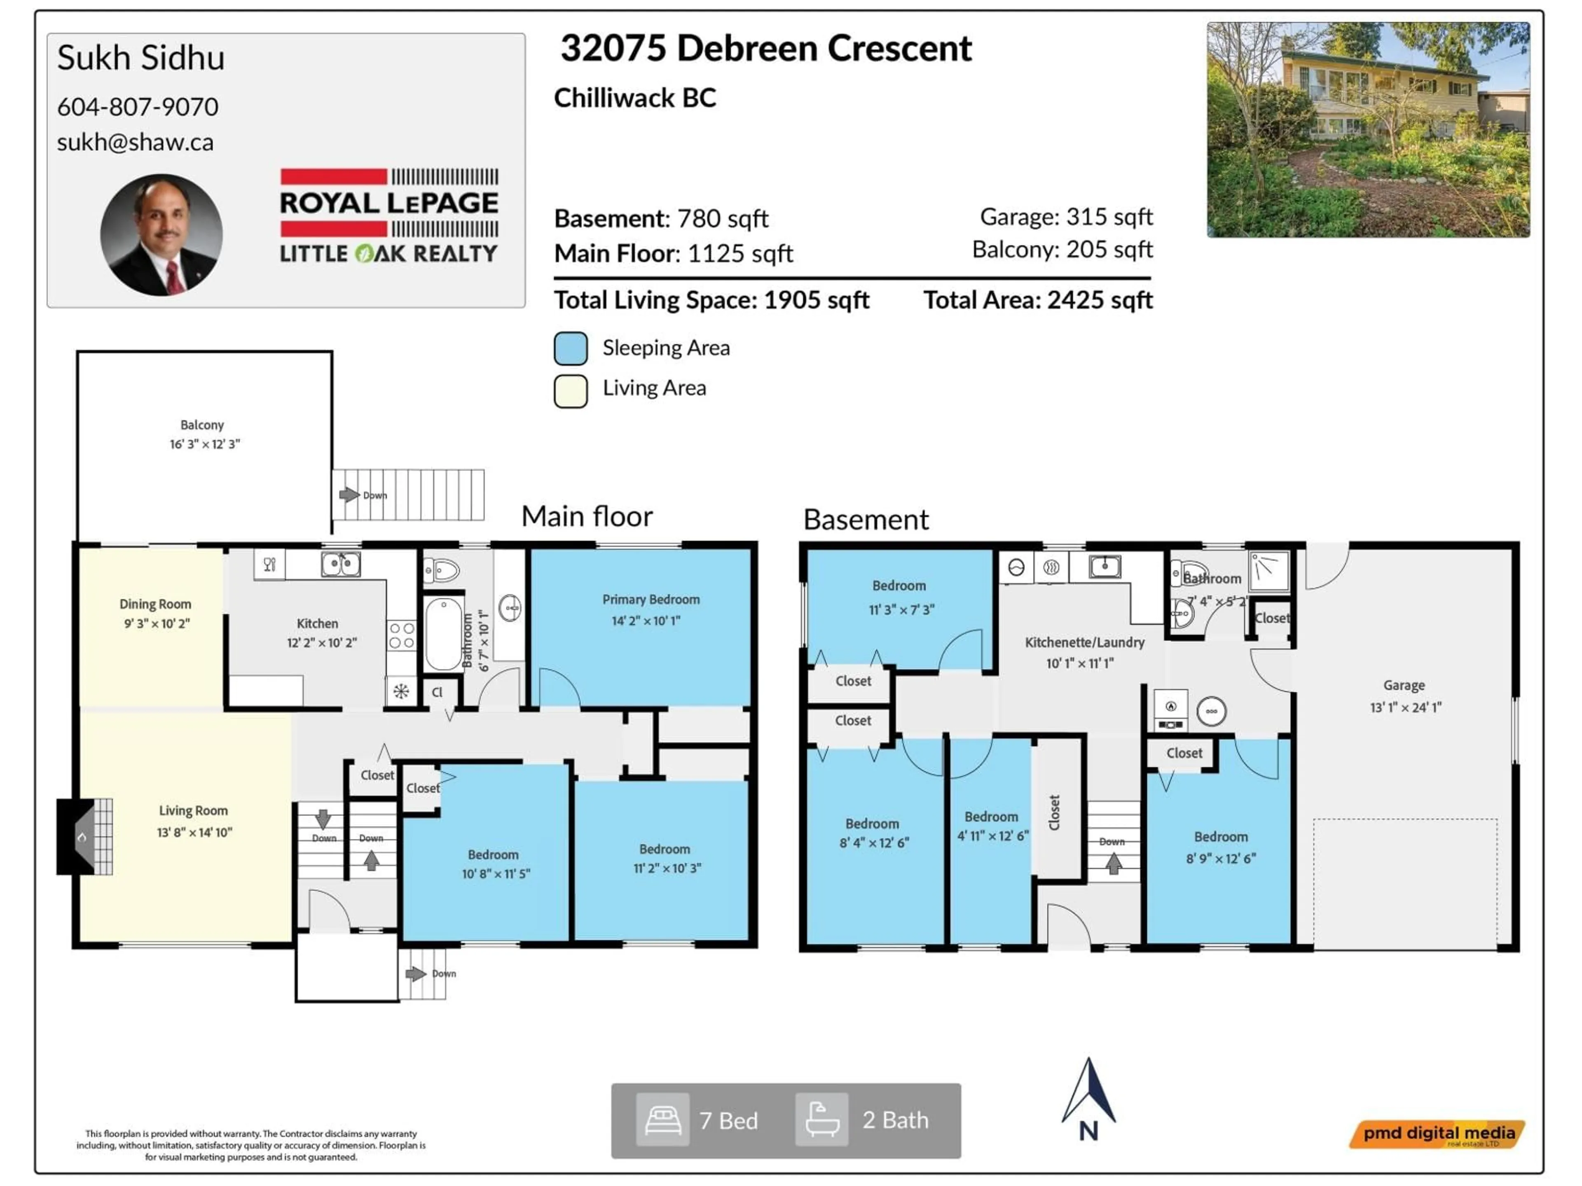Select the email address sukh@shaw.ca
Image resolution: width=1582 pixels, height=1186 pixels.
coord(135,142)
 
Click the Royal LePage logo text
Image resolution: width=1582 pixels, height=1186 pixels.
coord(388,203)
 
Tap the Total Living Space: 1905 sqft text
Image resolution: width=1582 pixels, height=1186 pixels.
coord(711,299)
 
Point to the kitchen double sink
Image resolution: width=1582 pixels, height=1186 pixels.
coord(340,565)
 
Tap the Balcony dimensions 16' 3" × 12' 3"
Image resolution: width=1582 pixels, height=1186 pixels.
coord(204,444)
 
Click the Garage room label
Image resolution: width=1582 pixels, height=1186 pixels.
coord(1403,685)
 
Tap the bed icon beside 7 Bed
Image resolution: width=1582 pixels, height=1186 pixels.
coord(662,1120)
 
